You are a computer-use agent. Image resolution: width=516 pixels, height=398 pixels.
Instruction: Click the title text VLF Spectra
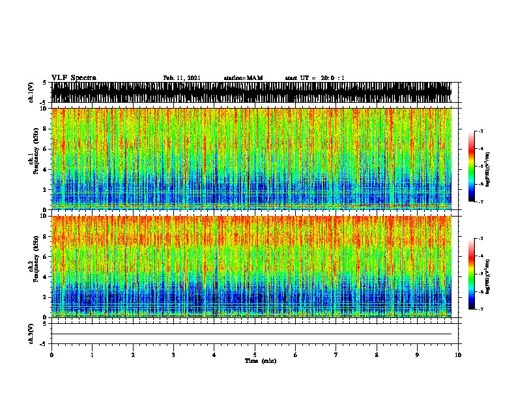(74, 78)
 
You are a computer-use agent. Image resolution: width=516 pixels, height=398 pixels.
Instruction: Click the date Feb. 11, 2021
(181, 78)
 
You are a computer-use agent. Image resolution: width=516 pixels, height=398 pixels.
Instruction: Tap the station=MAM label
(243, 78)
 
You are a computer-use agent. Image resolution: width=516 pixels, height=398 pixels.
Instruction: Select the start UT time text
(315, 78)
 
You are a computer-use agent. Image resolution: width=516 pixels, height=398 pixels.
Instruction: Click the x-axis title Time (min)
(260, 360)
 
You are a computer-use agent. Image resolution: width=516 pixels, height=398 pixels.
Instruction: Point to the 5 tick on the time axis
(255, 355)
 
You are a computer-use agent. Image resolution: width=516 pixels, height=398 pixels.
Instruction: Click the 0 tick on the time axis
(51, 355)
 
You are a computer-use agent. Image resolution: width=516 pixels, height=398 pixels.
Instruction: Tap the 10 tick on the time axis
(459, 355)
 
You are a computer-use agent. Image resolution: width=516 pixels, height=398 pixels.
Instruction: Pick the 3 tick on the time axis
(174, 355)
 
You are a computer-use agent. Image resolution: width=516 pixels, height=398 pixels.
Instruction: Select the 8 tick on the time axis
(377, 355)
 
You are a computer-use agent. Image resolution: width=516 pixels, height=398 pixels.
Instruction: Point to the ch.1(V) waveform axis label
(32, 92)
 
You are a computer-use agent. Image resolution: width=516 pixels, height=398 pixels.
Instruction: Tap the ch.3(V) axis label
(32, 333)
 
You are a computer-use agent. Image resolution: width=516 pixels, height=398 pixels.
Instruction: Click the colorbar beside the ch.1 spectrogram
(472, 166)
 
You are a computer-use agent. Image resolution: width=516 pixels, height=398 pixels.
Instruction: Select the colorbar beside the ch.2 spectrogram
(472, 274)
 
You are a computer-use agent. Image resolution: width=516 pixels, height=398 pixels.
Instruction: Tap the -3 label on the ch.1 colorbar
(480, 131)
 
